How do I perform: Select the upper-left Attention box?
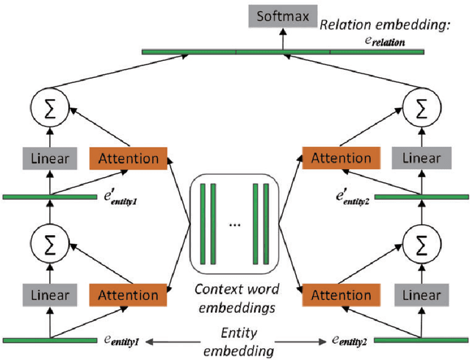(129, 158)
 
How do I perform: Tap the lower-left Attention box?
(129, 295)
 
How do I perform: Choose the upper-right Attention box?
(341, 158)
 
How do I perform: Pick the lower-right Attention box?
(341, 295)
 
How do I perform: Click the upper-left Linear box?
(51, 158)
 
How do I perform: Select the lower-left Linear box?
(51, 295)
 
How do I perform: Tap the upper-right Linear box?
(421, 158)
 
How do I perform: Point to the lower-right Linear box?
(421, 295)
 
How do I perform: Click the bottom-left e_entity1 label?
(123, 340)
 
